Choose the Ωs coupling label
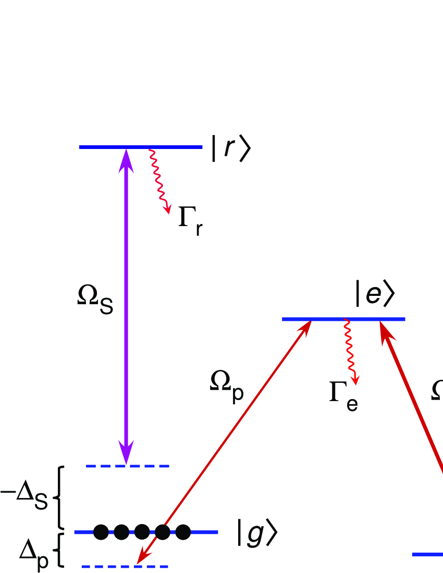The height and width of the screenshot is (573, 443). [95, 303]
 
